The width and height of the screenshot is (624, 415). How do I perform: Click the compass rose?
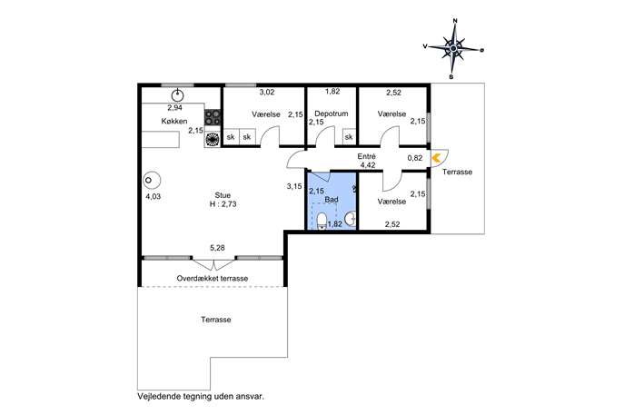tap(453, 48)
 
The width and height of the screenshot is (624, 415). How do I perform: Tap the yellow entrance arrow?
tap(436, 158)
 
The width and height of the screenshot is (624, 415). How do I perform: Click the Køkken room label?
tap(174, 121)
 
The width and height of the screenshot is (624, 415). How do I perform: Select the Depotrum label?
tap(332, 114)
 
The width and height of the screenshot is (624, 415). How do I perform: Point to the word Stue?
tap(223, 195)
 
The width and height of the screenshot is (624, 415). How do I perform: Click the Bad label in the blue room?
tap(332, 200)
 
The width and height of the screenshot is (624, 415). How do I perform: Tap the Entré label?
tap(366, 156)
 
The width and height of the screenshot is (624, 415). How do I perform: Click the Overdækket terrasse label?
tap(213, 278)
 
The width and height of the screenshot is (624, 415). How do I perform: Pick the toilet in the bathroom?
tap(322, 222)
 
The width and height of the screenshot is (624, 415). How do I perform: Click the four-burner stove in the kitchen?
tap(213, 117)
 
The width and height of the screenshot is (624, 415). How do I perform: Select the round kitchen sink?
tap(177, 95)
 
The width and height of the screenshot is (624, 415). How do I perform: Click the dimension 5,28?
tap(217, 248)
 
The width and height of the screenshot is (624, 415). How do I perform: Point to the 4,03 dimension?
tap(154, 196)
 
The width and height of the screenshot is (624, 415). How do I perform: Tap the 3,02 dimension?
tap(267, 93)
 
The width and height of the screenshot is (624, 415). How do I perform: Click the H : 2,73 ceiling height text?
tap(223, 204)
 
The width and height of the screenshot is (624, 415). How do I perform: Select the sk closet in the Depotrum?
tap(349, 137)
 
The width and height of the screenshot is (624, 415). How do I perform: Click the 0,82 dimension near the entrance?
tap(415, 158)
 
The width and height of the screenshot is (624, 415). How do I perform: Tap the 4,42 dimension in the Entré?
tap(367, 164)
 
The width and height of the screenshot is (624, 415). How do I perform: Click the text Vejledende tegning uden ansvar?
tap(201, 396)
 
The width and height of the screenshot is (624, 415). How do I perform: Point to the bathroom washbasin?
tap(351, 219)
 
